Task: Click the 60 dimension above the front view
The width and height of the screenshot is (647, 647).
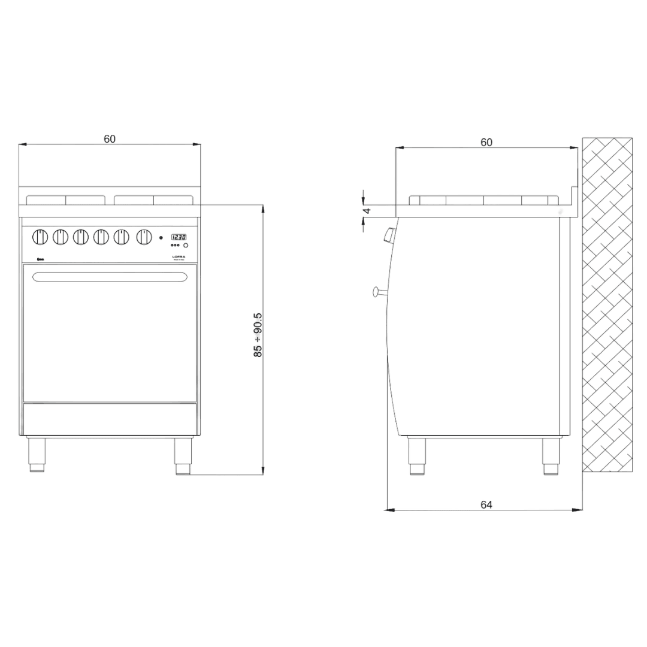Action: (110, 139)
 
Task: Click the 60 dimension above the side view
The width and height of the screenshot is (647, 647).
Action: (486, 143)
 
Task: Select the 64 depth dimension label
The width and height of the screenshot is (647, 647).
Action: (486, 505)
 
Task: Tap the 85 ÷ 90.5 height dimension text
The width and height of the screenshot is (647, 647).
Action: (258, 335)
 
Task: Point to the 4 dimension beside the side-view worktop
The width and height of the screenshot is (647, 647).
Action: (367, 210)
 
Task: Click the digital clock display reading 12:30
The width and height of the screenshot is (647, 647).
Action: (179, 237)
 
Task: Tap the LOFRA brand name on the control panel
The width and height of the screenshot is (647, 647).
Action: (179, 256)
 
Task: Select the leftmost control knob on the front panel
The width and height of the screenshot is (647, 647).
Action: (41, 237)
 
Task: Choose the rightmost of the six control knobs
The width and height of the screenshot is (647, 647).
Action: (144, 237)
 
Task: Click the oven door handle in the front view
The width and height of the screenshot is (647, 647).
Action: (110, 277)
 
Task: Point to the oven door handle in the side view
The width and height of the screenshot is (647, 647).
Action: (379, 292)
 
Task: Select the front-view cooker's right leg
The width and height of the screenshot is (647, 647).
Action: (183, 455)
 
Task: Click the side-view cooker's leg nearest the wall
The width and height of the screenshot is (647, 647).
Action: (551, 456)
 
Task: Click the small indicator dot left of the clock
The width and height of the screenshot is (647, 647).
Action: (161, 238)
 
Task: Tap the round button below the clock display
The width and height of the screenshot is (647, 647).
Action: (186, 246)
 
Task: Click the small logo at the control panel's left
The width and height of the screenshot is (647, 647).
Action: (41, 259)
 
